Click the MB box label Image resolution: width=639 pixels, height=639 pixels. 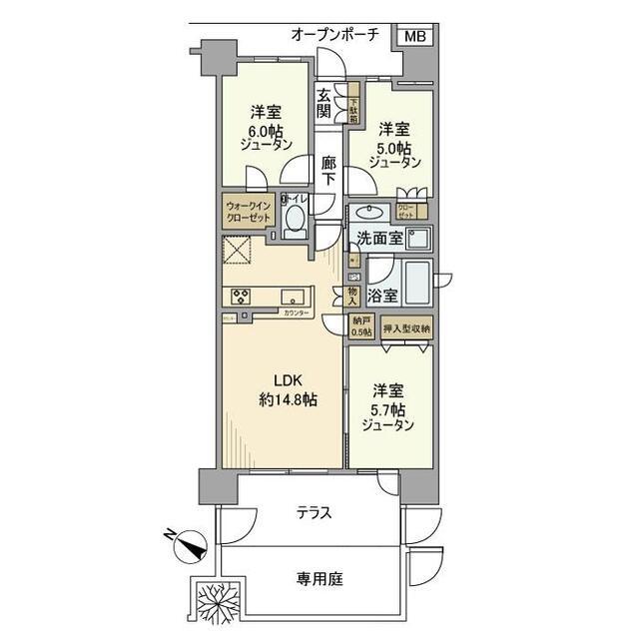coord(415,36)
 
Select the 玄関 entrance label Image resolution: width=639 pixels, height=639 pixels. coord(324,104)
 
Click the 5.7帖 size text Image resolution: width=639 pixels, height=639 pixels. coord(390,409)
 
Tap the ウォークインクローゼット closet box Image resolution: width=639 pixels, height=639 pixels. coord(250,211)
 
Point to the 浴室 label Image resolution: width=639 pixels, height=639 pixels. coord(382,296)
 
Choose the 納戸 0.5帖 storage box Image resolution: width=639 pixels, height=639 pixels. coord(360,326)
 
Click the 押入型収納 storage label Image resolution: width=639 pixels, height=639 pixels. coord(406,327)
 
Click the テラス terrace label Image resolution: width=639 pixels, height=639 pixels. coord(314,513)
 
